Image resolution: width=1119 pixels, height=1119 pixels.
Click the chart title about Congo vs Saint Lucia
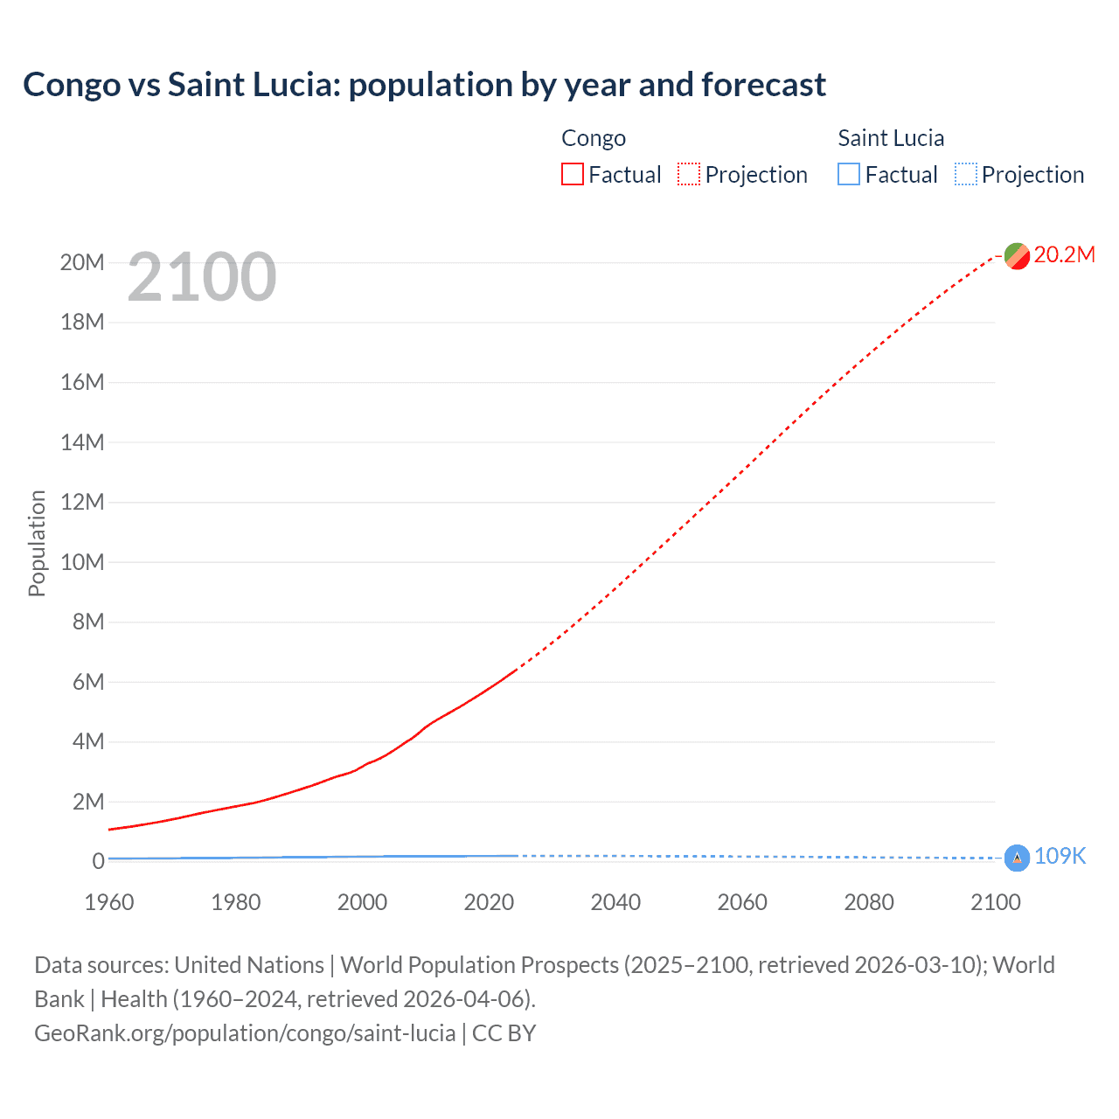(x=424, y=85)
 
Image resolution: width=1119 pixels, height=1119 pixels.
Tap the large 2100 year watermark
(x=202, y=277)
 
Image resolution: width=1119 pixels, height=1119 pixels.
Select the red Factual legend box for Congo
(x=572, y=175)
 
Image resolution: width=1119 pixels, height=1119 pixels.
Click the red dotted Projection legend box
(x=689, y=175)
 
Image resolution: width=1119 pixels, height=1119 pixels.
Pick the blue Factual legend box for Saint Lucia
(x=848, y=175)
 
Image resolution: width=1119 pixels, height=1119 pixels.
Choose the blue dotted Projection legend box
(x=965, y=175)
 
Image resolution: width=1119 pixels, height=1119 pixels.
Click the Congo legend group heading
(x=594, y=138)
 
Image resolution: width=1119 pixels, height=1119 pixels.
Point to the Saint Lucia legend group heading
(x=891, y=138)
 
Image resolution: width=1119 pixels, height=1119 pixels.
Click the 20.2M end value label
(x=1064, y=254)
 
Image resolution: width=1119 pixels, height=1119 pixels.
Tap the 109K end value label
(x=1060, y=857)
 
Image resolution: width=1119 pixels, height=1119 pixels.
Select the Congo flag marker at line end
(x=1017, y=256)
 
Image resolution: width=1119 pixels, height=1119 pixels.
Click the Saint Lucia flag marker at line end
(x=1017, y=858)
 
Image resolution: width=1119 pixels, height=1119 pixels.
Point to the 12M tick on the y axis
(x=82, y=502)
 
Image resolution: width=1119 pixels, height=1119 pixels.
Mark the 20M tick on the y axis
(x=82, y=262)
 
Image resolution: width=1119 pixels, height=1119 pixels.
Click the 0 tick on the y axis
(x=98, y=861)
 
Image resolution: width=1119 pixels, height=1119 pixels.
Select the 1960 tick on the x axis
(x=109, y=902)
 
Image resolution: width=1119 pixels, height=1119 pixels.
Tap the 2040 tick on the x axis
(x=615, y=902)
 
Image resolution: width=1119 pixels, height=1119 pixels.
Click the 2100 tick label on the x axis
(x=995, y=902)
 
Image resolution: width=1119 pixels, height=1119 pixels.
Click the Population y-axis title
(x=37, y=543)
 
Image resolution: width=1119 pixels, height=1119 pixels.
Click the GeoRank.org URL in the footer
(x=245, y=1033)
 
